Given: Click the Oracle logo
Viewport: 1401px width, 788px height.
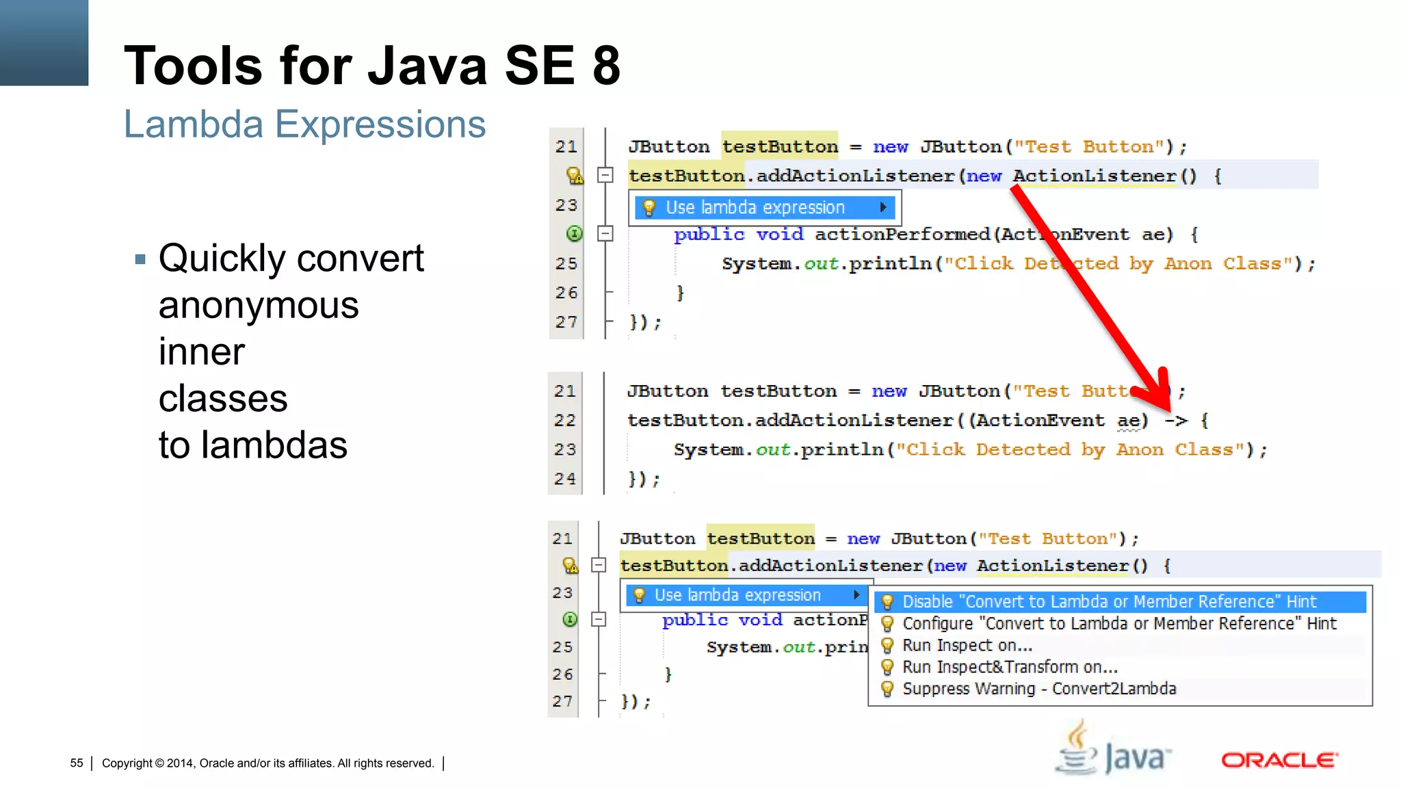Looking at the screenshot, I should click(x=1279, y=760).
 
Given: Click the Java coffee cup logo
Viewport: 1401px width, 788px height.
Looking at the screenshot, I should click(x=1079, y=750).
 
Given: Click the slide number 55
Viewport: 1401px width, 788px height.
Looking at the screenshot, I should click(x=77, y=763).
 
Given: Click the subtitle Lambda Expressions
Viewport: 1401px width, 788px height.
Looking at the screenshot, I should click(x=304, y=124).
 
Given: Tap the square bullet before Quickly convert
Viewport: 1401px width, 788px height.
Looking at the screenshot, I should click(x=140, y=259).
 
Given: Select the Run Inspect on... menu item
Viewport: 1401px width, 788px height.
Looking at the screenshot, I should click(x=967, y=645).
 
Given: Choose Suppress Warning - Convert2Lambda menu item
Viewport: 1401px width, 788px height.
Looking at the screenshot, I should click(x=1038, y=689).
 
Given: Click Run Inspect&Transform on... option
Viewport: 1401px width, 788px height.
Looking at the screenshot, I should click(x=1010, y=667).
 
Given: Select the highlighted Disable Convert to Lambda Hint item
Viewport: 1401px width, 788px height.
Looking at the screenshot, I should click(x=1108, y=602).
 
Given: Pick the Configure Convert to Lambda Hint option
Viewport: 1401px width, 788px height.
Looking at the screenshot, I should click(x=1118, y=623).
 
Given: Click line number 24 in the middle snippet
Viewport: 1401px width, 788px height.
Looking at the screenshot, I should click(x=565, y=479).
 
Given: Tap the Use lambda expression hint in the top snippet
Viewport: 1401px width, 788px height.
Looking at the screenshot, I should click(x=755, y=207).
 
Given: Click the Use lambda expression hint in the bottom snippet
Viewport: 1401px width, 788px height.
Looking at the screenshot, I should click(x=737, y=595).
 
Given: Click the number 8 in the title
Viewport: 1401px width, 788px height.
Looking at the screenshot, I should click(x=606, y=66).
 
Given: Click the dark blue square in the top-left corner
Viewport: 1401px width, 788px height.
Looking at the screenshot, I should click(x=44, y=42).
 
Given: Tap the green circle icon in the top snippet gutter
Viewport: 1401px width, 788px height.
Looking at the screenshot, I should click(x=575, y=234).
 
